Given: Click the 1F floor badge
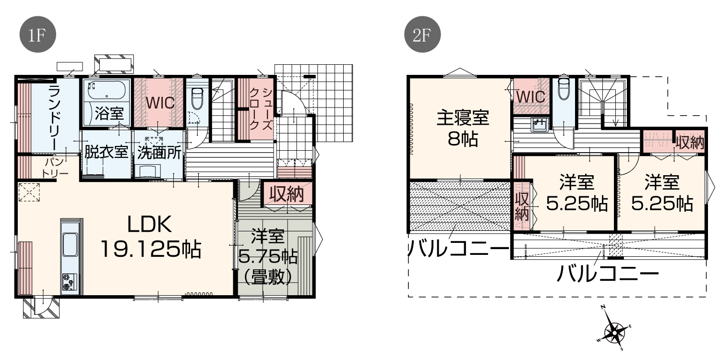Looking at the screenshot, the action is pos(38,35).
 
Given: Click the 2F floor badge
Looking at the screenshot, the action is pos(422,35).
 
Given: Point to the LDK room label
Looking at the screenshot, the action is pos(149,224).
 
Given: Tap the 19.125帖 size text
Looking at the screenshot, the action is pos(151,249).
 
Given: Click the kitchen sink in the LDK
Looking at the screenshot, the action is pos(70,244).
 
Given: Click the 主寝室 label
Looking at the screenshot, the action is pos(463,118).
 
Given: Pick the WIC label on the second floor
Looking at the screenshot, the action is pos(531,97).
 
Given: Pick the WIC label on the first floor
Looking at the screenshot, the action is pos(160,103).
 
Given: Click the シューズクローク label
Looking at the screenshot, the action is pos(262,108).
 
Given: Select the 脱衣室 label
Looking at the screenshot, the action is pos(106,152).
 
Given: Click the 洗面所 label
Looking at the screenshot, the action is pos(159,153).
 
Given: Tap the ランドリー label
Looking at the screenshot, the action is pos(55,118).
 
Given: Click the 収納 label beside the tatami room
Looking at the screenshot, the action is pos(287,194).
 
